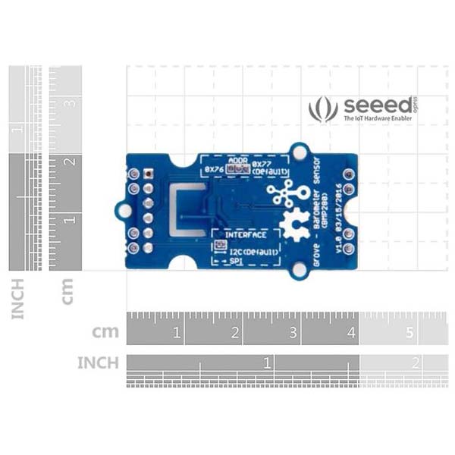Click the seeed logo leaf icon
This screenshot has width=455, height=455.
(x=323, y=109)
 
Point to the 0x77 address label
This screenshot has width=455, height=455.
(x=262, y=163)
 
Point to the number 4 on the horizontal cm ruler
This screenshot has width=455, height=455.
(x=353, y=332)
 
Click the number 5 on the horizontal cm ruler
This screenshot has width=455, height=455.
(x=410, y=332)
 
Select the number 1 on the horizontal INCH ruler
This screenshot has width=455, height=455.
(x=266, y=362)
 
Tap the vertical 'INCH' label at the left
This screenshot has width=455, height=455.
(x=17, y=299)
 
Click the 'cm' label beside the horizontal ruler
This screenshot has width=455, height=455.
(x=105, y=332)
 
